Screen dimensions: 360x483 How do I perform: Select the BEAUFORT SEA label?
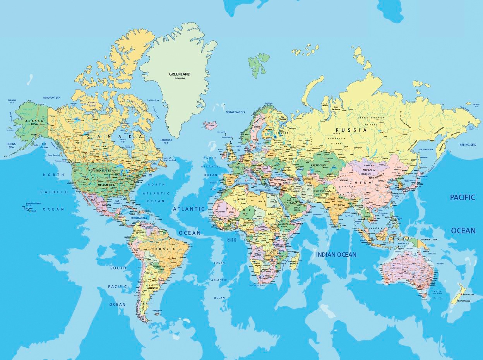click(x=52, y=97)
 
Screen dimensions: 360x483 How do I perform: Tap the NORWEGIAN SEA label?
click(x=236, y=112)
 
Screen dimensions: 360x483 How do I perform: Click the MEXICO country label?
click(x=96, y=204)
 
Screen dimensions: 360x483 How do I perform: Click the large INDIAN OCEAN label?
click(x=336, y=254)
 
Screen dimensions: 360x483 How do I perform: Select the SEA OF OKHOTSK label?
click(x=426, y=149)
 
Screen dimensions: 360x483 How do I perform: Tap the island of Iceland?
click(x=210, y=125)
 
